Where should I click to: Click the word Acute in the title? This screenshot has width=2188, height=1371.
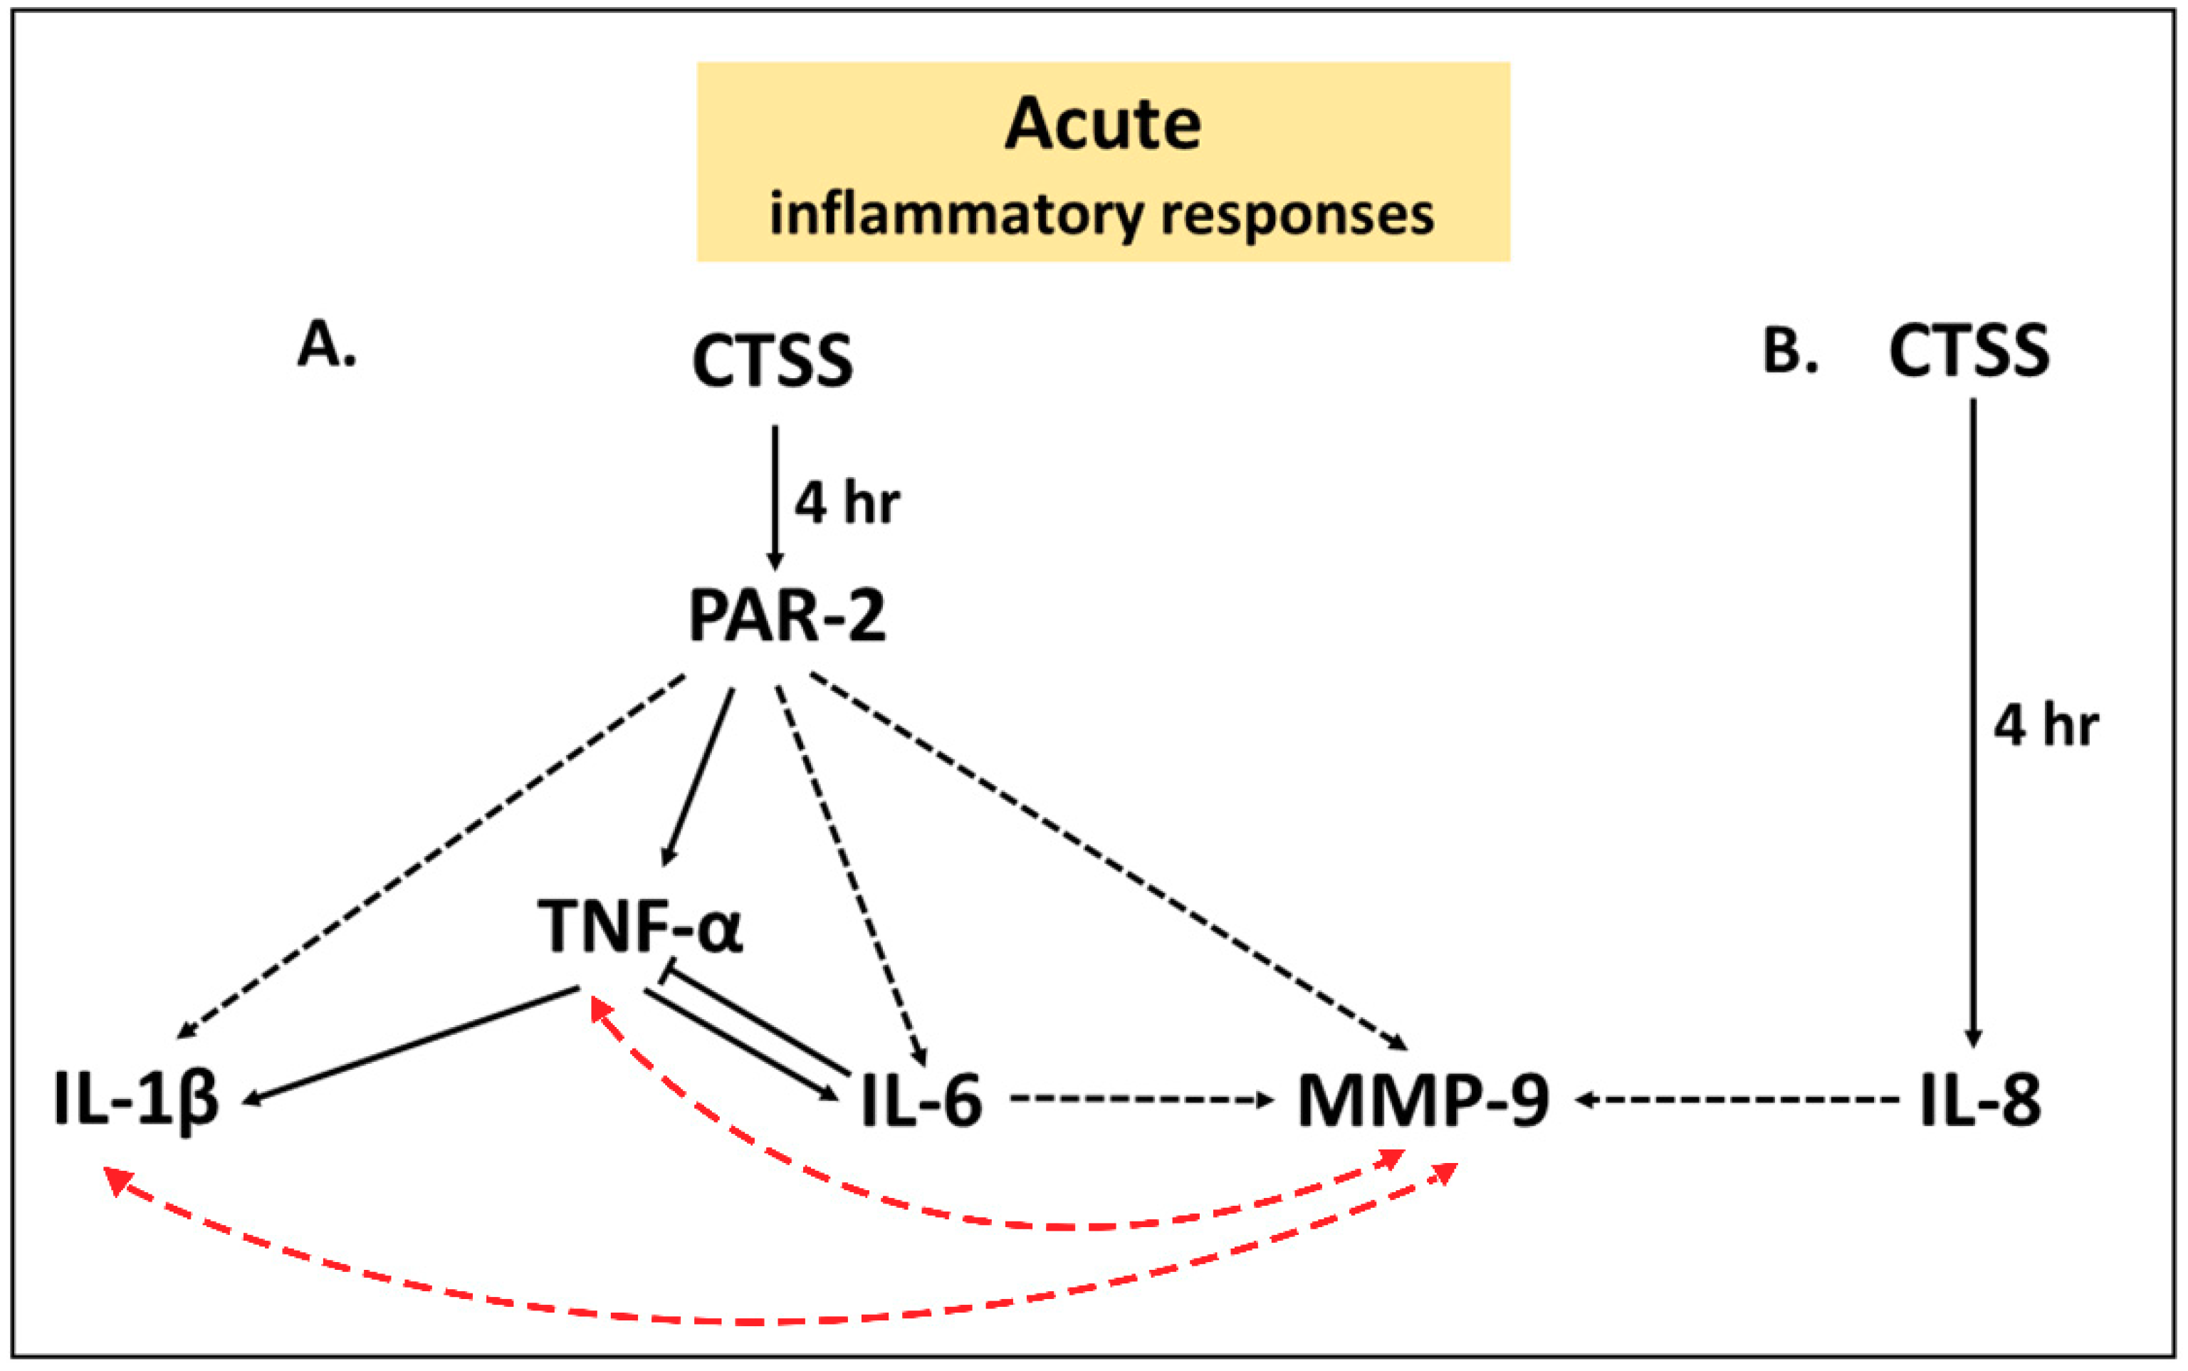coord(1103,123)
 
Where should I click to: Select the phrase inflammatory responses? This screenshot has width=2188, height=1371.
coord(1102,216)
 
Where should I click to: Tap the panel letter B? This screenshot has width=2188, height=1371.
coord(1791,350)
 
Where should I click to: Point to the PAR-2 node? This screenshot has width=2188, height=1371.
coord(787,615)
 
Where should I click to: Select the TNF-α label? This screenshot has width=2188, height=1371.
coord(640,927)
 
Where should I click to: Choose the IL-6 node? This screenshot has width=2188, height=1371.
coord(921,1102)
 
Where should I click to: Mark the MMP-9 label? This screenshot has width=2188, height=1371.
coord(1424,1102)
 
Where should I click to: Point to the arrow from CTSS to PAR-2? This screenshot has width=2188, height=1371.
coord(775,498)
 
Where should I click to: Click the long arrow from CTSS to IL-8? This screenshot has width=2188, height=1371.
coord(1973,723)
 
